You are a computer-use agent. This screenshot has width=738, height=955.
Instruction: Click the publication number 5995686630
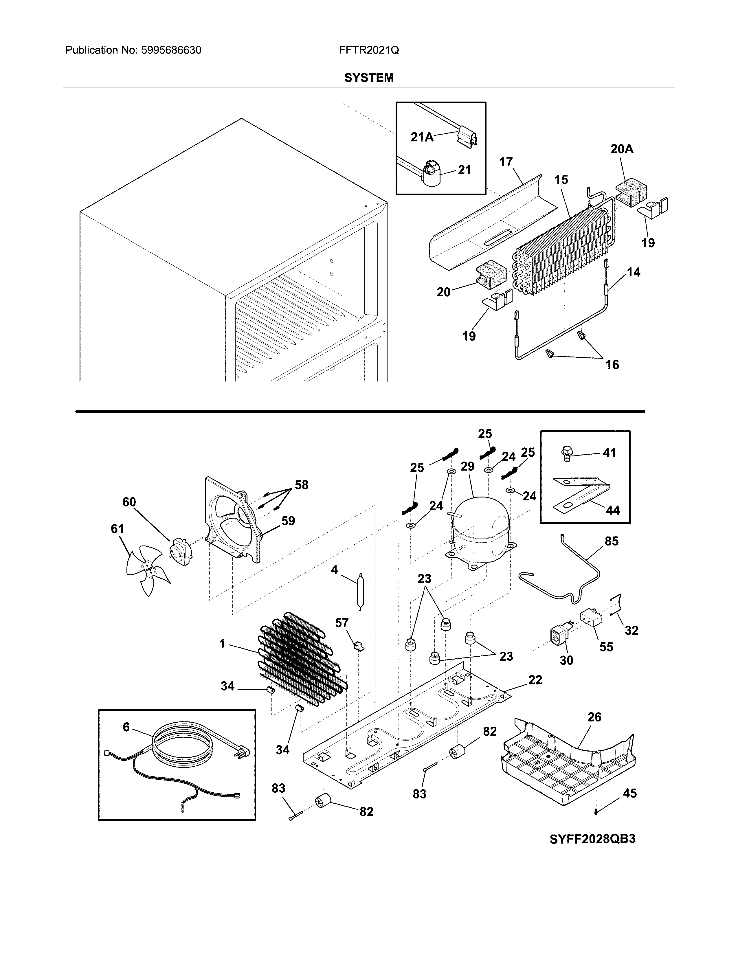tap(171, 50)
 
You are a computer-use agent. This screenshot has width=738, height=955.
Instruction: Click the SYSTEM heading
tap(368, 78)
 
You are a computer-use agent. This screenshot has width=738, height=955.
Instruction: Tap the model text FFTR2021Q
tap(368, 50)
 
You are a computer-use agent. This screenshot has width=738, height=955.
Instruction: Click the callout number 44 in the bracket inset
tap(612, 510)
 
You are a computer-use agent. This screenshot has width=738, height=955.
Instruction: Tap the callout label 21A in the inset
tap(422, 137)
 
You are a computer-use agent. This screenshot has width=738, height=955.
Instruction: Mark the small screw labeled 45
tap(596, 812)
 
